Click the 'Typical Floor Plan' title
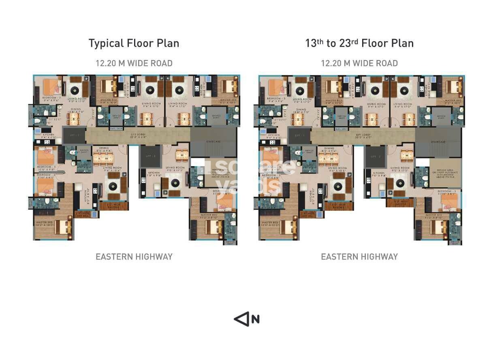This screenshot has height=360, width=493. click(x=134, y=43)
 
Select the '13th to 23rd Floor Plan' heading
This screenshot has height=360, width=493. click(x=359, y=43)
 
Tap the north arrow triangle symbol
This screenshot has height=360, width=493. click(x=241, y=319)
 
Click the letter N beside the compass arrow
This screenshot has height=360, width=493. click(x=255, y=319)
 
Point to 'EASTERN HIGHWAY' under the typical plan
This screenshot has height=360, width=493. click(x=134, y=257)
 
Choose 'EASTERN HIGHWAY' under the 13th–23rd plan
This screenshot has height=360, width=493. click(x=359, y=257)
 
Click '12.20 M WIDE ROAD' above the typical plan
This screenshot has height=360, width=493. click(x=134, y=63)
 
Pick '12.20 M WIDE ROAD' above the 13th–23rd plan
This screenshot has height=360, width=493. click(x=359, y=63)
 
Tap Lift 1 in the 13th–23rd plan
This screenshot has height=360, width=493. click(x=299, y=135)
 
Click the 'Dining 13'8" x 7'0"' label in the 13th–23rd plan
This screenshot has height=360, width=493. click(x=301, y=111)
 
